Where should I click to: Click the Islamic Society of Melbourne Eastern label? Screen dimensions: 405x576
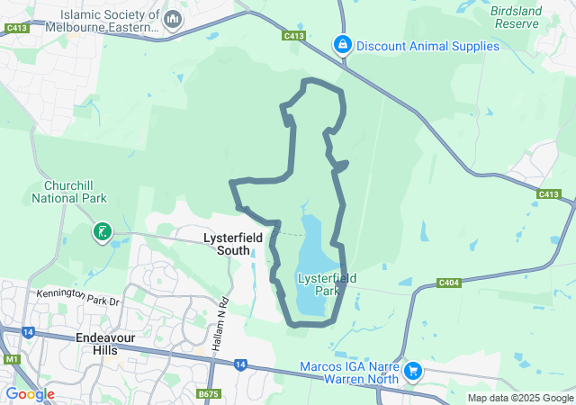(111, 21)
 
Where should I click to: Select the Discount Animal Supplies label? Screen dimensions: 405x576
(427, 46)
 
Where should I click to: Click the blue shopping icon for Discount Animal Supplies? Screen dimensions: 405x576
(342, 44)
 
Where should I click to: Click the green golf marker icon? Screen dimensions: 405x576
(102, 233)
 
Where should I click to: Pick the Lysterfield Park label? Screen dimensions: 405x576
(327, 284)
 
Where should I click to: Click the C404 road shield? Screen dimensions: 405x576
(449, 283)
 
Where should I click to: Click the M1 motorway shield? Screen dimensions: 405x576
(12, 359)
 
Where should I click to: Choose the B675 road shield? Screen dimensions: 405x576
(209, 393)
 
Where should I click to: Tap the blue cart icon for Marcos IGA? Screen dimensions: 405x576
(413, 370)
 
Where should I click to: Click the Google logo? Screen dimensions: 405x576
(30, 394)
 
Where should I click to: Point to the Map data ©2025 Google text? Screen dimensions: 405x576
(520, 398)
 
